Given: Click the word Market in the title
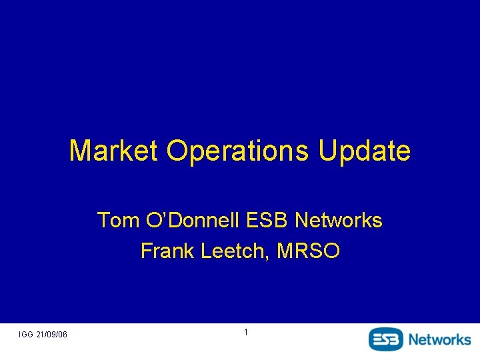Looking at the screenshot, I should coord(114,151).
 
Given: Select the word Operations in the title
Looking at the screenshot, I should coord(238,151).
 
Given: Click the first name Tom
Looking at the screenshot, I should coord(115,220).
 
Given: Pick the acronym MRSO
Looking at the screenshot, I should coord(309,251).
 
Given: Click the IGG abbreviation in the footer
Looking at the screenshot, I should coord(27,334).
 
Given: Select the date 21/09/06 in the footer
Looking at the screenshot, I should coord(53,334).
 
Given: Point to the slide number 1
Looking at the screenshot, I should coord(246,332).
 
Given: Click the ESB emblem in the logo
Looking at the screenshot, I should coord(386,339).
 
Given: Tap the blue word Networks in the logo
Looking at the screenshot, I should coord(439,339).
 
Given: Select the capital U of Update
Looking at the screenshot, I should coord(327,151).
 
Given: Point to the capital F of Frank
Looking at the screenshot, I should coord(146,251).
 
